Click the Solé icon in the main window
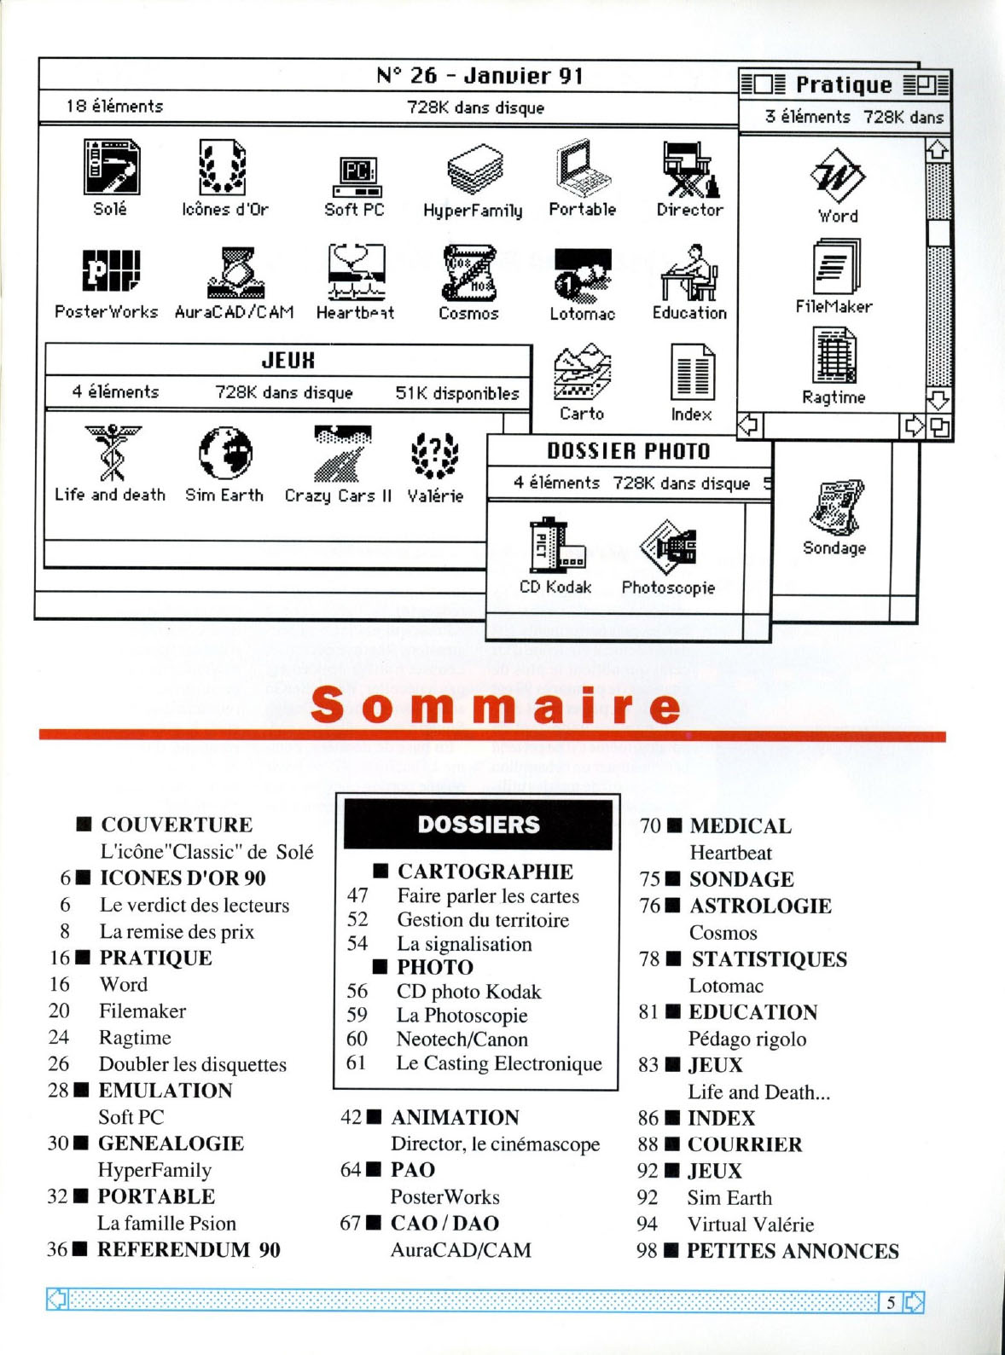click(111, 167)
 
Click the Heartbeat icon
click(357, 273)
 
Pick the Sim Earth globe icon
click(225, 453)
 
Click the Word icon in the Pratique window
click(837, 176)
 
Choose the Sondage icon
click(835, 508)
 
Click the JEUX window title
click(288, 361)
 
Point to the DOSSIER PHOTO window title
click(628, 451)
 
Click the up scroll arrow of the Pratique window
click(938, 150)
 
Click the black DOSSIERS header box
click(478, 825)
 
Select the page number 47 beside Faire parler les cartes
click(357, 895)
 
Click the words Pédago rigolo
click(747, 1039)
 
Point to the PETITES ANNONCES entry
click(793, 1251)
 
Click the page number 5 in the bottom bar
click(891, 1302)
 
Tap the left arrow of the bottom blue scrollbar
click(57, 1300)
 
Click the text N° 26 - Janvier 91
click(479, 76)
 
